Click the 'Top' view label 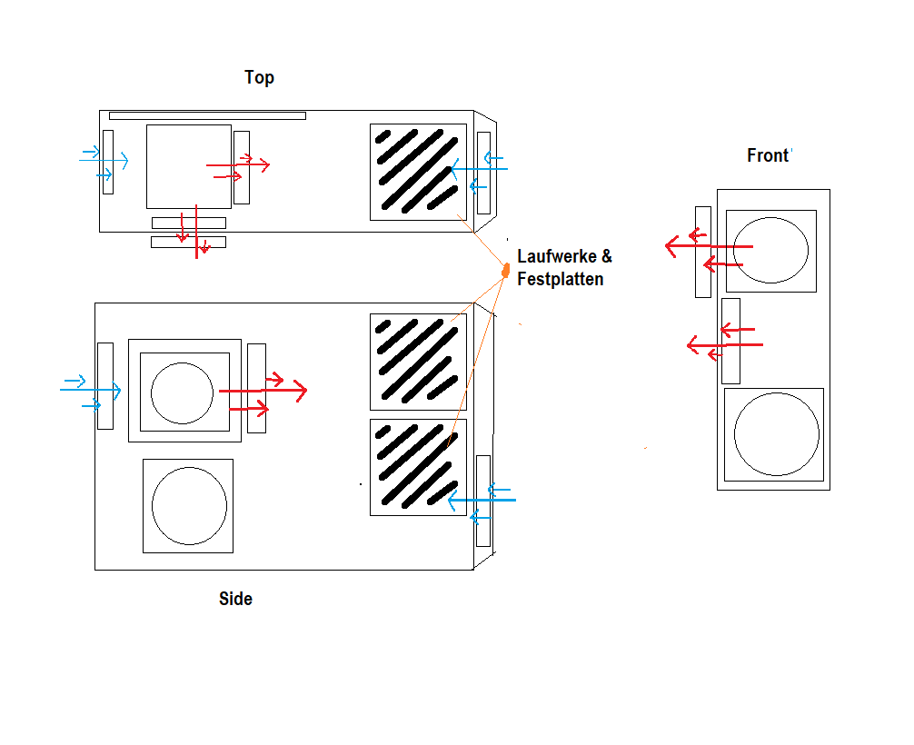(259, 77)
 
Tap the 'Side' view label (235, 599)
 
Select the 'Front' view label (768, 155)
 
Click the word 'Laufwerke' (557, 256)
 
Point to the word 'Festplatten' (561, 279)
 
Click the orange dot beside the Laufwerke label (506, 270)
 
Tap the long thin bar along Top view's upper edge (207, 116)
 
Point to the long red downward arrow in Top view (196, 232)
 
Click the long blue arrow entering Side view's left (90, 390)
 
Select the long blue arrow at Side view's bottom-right (482, 501)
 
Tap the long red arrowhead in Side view (300, 391)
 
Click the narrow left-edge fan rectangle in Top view (108, 162)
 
